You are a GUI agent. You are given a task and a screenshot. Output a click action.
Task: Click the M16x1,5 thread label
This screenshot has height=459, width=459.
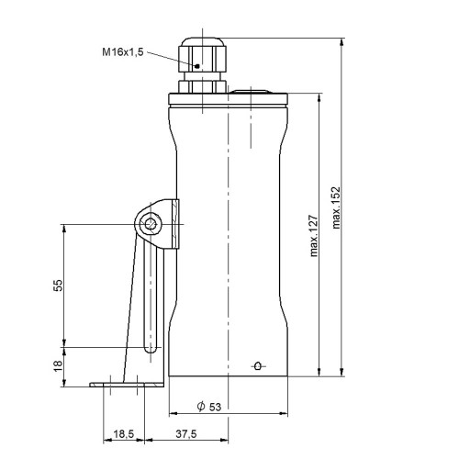pos(123,52)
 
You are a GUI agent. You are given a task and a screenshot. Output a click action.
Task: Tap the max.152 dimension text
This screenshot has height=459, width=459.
pos(336,207)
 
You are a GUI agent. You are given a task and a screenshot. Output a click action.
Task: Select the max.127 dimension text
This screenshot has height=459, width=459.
pos(314,236)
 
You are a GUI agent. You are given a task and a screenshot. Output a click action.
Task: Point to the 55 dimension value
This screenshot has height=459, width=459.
pos(58,285)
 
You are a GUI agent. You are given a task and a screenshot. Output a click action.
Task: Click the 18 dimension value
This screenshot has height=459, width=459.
pos(58,365)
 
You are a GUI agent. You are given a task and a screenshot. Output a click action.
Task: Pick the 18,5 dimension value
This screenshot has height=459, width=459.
pos(124,434)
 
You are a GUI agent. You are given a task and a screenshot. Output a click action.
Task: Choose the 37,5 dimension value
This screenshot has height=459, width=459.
pos(186,434)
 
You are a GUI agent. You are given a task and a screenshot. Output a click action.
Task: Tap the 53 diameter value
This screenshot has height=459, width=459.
pos(215,407)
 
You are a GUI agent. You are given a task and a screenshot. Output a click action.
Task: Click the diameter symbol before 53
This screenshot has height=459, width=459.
pos(201,407)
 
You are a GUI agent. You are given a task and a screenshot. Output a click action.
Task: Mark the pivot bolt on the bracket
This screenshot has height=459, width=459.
pos(151,224)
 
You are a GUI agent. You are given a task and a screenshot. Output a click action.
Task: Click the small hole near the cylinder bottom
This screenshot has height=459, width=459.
pos(258,365)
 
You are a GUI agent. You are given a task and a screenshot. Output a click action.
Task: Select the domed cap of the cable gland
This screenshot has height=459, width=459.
pos(202,41)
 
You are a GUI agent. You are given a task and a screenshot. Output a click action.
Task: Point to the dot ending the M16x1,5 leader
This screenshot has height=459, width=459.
pos(197,66)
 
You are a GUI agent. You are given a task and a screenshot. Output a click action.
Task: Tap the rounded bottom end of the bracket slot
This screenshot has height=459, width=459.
pos(150,350)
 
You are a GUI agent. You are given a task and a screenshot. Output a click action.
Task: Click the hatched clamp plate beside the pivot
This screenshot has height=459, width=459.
pos(175,224)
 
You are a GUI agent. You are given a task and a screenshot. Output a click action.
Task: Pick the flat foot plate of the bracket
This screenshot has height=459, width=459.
pos(127,385)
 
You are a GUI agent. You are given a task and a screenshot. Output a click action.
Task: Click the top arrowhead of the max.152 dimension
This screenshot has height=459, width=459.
pos(342,41)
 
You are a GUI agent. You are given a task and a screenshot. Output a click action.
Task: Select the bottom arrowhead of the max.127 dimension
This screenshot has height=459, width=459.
pos(319,372)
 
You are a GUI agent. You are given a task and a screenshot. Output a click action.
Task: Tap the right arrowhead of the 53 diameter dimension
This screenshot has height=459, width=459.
pos(284,414)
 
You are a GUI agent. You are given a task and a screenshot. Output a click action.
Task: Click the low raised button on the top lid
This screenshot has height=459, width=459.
pos(251,92)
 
